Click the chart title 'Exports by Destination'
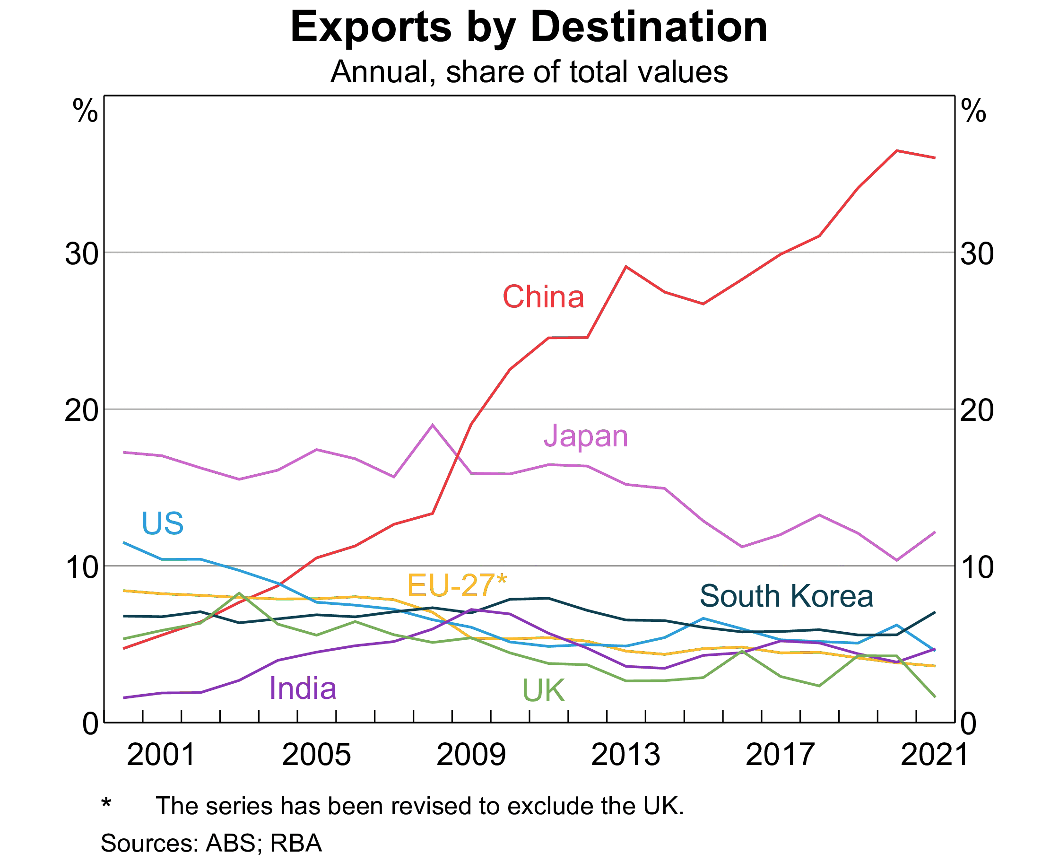529,27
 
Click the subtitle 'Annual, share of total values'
529,72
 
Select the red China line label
543,297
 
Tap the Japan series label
586,437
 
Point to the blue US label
162,523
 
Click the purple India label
303,689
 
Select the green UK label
544,691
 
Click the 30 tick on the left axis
81,254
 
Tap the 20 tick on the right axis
977,410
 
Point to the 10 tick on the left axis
81,567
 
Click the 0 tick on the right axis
969,724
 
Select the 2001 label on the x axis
161,755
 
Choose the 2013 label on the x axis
625,755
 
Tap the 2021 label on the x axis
935,755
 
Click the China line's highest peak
897,150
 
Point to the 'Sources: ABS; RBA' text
211,843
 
